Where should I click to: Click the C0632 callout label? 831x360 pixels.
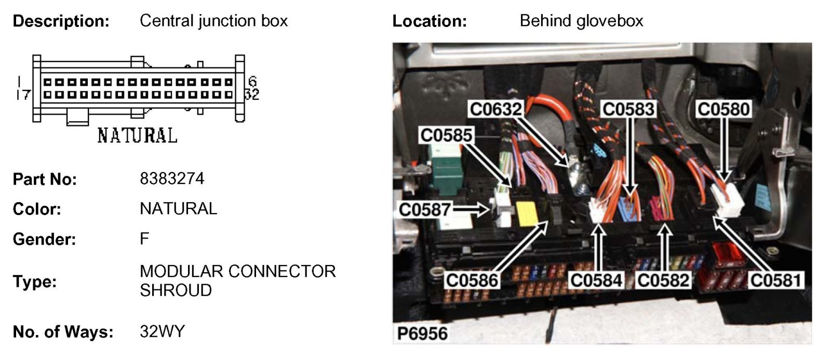point(495,110)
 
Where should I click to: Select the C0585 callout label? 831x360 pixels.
point(446,136)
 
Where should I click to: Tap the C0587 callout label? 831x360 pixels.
point(424,210)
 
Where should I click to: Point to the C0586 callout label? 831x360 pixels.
point(472,281)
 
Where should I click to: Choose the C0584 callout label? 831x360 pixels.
point(596,281)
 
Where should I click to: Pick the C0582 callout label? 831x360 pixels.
point(663,281)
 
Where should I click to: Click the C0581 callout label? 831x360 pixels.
point(775,281)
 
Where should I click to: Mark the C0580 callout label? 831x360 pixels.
point(723,110)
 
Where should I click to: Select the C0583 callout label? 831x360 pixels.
point(628,110)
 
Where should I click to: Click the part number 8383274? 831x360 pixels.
point(172,179)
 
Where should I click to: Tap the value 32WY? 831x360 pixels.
point(162,331)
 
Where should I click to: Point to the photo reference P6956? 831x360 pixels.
point(422,333)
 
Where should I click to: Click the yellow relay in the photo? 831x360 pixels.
point(527,213)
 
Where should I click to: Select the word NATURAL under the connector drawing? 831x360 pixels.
point(137,136)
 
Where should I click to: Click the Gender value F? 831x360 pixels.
point(144,239)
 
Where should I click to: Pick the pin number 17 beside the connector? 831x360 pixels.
point(23,95)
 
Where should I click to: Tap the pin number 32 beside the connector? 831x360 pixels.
point(252,95)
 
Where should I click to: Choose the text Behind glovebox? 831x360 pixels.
point(581,21)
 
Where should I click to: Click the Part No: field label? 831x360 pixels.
point(45,179)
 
